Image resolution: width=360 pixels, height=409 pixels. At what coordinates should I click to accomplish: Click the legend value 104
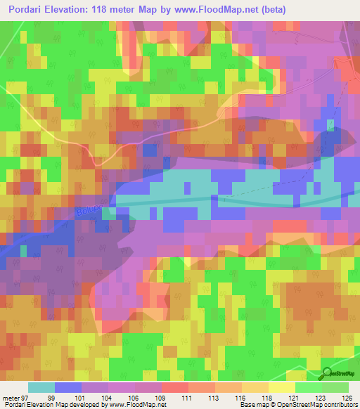click(x=122, y=397)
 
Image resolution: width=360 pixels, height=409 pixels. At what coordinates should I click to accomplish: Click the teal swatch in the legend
click(x=41, y=387)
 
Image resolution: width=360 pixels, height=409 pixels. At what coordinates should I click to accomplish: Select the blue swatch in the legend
click(x=68, y=387)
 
